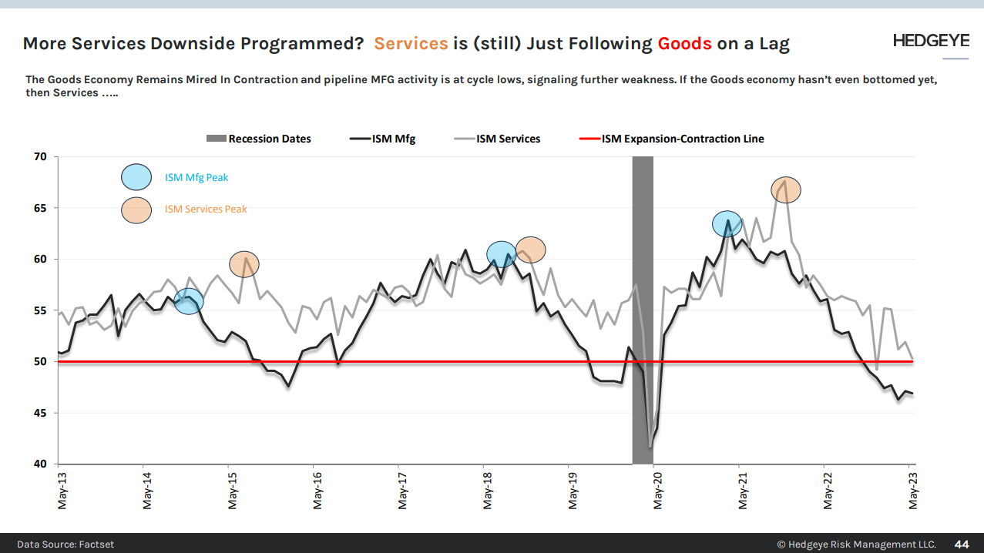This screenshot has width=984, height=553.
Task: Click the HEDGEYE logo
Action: pyautogui.click(x=930, y=41)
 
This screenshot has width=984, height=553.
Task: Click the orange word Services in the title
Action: pyautogui.click(x=411, y=43)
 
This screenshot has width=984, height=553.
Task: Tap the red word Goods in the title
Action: pyautogui.click(x=684, y=43)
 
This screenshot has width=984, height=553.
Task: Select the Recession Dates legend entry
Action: pyautogui.click(x=259, y=139)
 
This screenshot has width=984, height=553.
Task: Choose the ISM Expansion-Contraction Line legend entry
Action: pyautogui.click(x=671, y=139)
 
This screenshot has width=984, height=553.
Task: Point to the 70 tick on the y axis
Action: pyautogui.click(x=40, y=157)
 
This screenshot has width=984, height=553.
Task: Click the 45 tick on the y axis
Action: pyautogui.click(x=40, y=413)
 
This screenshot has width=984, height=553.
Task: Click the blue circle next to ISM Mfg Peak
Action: pyautogui.click(x=137, y=177)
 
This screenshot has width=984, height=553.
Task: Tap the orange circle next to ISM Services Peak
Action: pyautogui.click(x=137, y=209)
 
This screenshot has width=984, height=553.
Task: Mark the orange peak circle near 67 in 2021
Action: pyautogui.click(x=786, y=189)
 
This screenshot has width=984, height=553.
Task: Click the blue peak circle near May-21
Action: pyautogui.click(x=727, y=224)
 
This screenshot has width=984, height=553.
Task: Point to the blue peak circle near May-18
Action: pyautogui.click(x=502, y=254)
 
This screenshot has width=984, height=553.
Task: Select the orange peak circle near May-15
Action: pyautogui.click(x=244, y=264)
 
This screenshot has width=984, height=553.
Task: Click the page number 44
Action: pyautogui.click(x=962, y=544)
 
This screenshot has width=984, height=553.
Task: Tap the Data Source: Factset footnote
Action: pyautogui.click(x=65, y=544)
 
